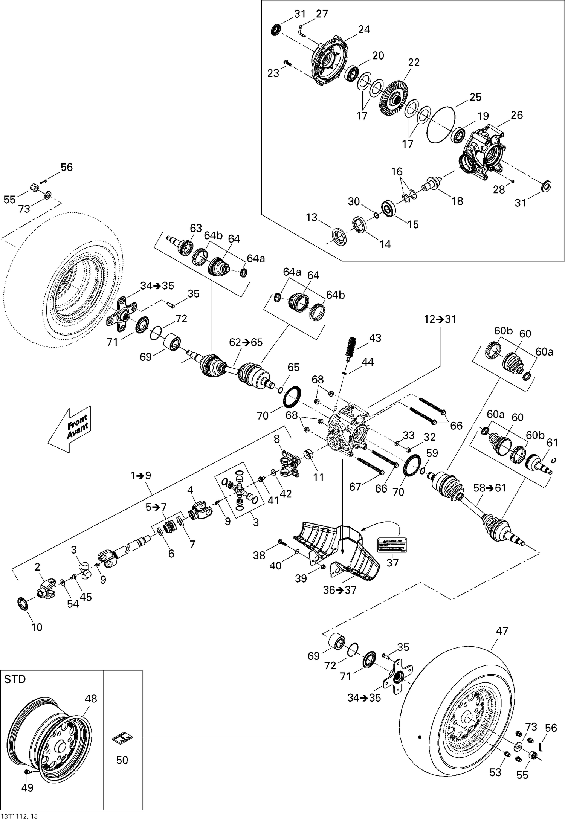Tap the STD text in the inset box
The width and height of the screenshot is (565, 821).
(15, 679)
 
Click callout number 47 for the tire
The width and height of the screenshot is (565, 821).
(502, 630)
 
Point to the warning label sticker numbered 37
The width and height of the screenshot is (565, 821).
(392, 544)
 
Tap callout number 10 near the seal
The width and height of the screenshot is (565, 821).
(37, 627)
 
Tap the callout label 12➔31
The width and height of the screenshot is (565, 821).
(440, 319)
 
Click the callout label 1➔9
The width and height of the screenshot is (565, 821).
(140, 476)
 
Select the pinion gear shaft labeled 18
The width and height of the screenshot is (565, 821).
(433, 184)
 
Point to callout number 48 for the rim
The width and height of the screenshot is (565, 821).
(91, 698)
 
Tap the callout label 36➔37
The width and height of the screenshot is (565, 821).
(339, 590)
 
